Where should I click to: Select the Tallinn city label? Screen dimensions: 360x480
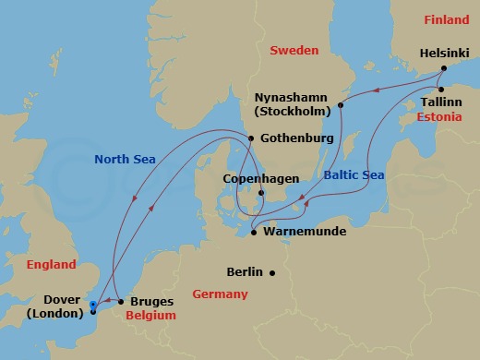440,101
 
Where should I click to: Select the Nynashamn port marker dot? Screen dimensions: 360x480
341,105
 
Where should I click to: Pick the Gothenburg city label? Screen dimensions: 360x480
295,138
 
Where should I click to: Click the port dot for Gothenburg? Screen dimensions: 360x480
251,138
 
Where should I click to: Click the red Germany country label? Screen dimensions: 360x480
220,294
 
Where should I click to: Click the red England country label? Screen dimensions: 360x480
51,265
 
